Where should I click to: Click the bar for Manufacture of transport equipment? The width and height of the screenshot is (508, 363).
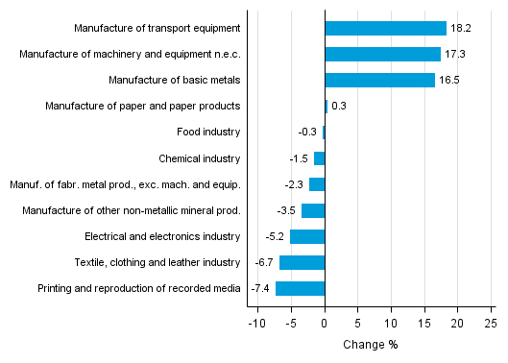click(385, 28)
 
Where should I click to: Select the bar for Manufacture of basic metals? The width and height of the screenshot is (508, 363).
click(379, 80)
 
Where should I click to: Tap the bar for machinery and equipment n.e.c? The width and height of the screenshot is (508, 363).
click(382, 54)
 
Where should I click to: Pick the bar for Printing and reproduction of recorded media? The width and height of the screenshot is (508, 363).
click(301, 288)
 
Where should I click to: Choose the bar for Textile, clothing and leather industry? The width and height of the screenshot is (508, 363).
click(302, 262)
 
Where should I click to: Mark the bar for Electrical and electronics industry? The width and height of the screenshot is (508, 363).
click(307, 236)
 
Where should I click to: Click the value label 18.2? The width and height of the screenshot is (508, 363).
click(461, 28)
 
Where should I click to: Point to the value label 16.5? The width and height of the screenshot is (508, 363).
click(449, 80)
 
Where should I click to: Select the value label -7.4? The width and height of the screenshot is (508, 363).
click(260, 288)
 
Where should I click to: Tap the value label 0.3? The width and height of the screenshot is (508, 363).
click(339, 106)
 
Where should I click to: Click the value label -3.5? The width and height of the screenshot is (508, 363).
click(286, 210)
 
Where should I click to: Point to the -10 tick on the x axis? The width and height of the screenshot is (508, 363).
click(256, 324)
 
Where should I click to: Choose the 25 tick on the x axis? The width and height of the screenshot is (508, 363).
click(491, 324)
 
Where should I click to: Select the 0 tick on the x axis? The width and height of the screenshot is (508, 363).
click(325, 324)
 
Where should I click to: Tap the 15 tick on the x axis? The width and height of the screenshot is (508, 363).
click(424, 324)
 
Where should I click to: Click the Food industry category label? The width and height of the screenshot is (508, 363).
click(208, 132)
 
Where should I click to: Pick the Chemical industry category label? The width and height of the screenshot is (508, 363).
click(200, 157)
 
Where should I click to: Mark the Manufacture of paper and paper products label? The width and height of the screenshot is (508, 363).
click(142, 106)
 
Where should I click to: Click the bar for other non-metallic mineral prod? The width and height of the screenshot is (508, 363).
click(313, 210)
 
